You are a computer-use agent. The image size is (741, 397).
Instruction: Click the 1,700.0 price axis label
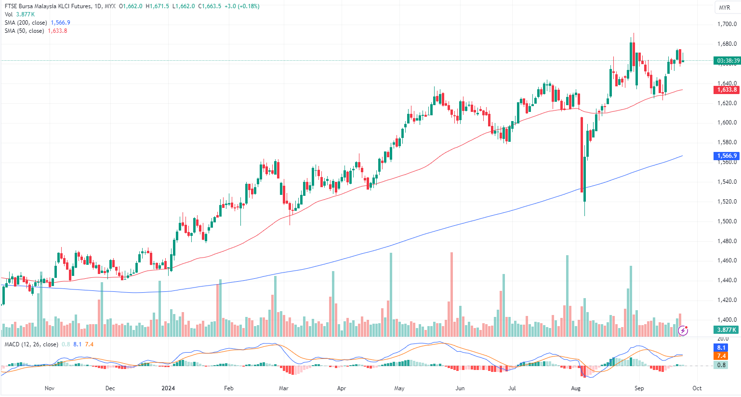click(x=727, y=24)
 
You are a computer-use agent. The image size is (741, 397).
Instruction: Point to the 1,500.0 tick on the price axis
click(x=727, y=221)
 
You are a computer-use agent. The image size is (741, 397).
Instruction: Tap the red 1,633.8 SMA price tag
click(x=727, y=90)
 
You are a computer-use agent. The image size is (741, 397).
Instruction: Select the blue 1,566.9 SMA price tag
click(x=727, y=156)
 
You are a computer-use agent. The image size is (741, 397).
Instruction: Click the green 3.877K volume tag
click(x=727, y=330)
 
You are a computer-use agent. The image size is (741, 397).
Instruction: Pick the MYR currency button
click(x=724, y=8)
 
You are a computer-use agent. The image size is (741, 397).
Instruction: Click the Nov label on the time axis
click(x=49, y=388)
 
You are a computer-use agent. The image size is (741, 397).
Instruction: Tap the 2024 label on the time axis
click(x=168, y=388)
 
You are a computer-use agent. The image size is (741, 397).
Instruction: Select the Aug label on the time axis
click(x=575, y=388)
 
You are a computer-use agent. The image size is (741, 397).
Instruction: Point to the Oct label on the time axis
click(x=697, y=388)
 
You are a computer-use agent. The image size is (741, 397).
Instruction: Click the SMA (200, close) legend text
click(x=26, y=23)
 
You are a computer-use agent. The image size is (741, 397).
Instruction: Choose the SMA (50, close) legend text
click(x=24, y=31)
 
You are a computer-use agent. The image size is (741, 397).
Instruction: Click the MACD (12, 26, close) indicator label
click(x=31, y=344)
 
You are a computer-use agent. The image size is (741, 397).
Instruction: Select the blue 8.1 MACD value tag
click(x=721, y=348)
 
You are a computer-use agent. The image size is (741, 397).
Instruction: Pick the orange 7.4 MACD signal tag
click(x=721, y=356)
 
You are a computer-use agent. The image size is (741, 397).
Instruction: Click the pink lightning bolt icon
click(x=683, y=330)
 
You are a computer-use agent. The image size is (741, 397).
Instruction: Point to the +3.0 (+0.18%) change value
click(x=242, y=6)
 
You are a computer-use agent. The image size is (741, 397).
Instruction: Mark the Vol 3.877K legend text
click(x=20, y=14)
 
